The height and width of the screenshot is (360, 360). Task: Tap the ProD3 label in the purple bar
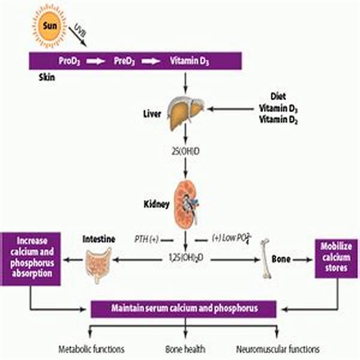click(x=70, y=61)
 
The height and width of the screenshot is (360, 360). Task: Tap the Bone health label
click(x=184, y=349)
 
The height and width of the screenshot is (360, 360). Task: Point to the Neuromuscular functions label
click(x=278, y=349)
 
